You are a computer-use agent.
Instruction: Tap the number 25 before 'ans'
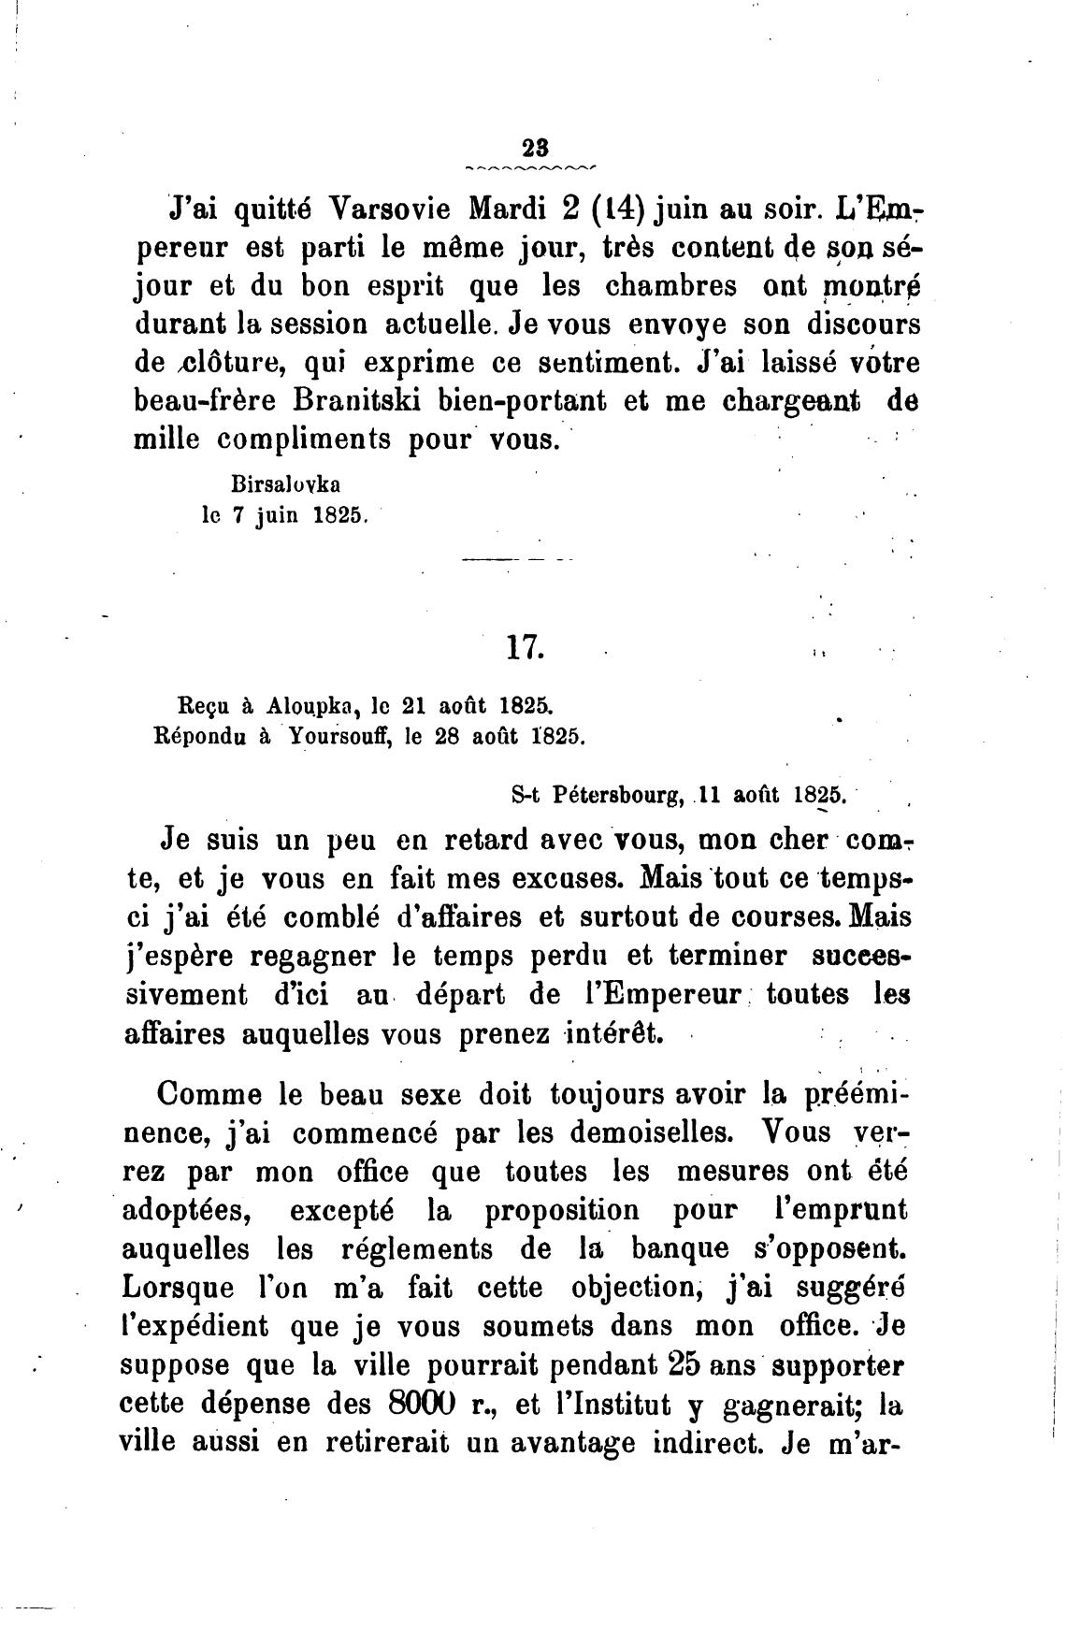[x=685, y=1365]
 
